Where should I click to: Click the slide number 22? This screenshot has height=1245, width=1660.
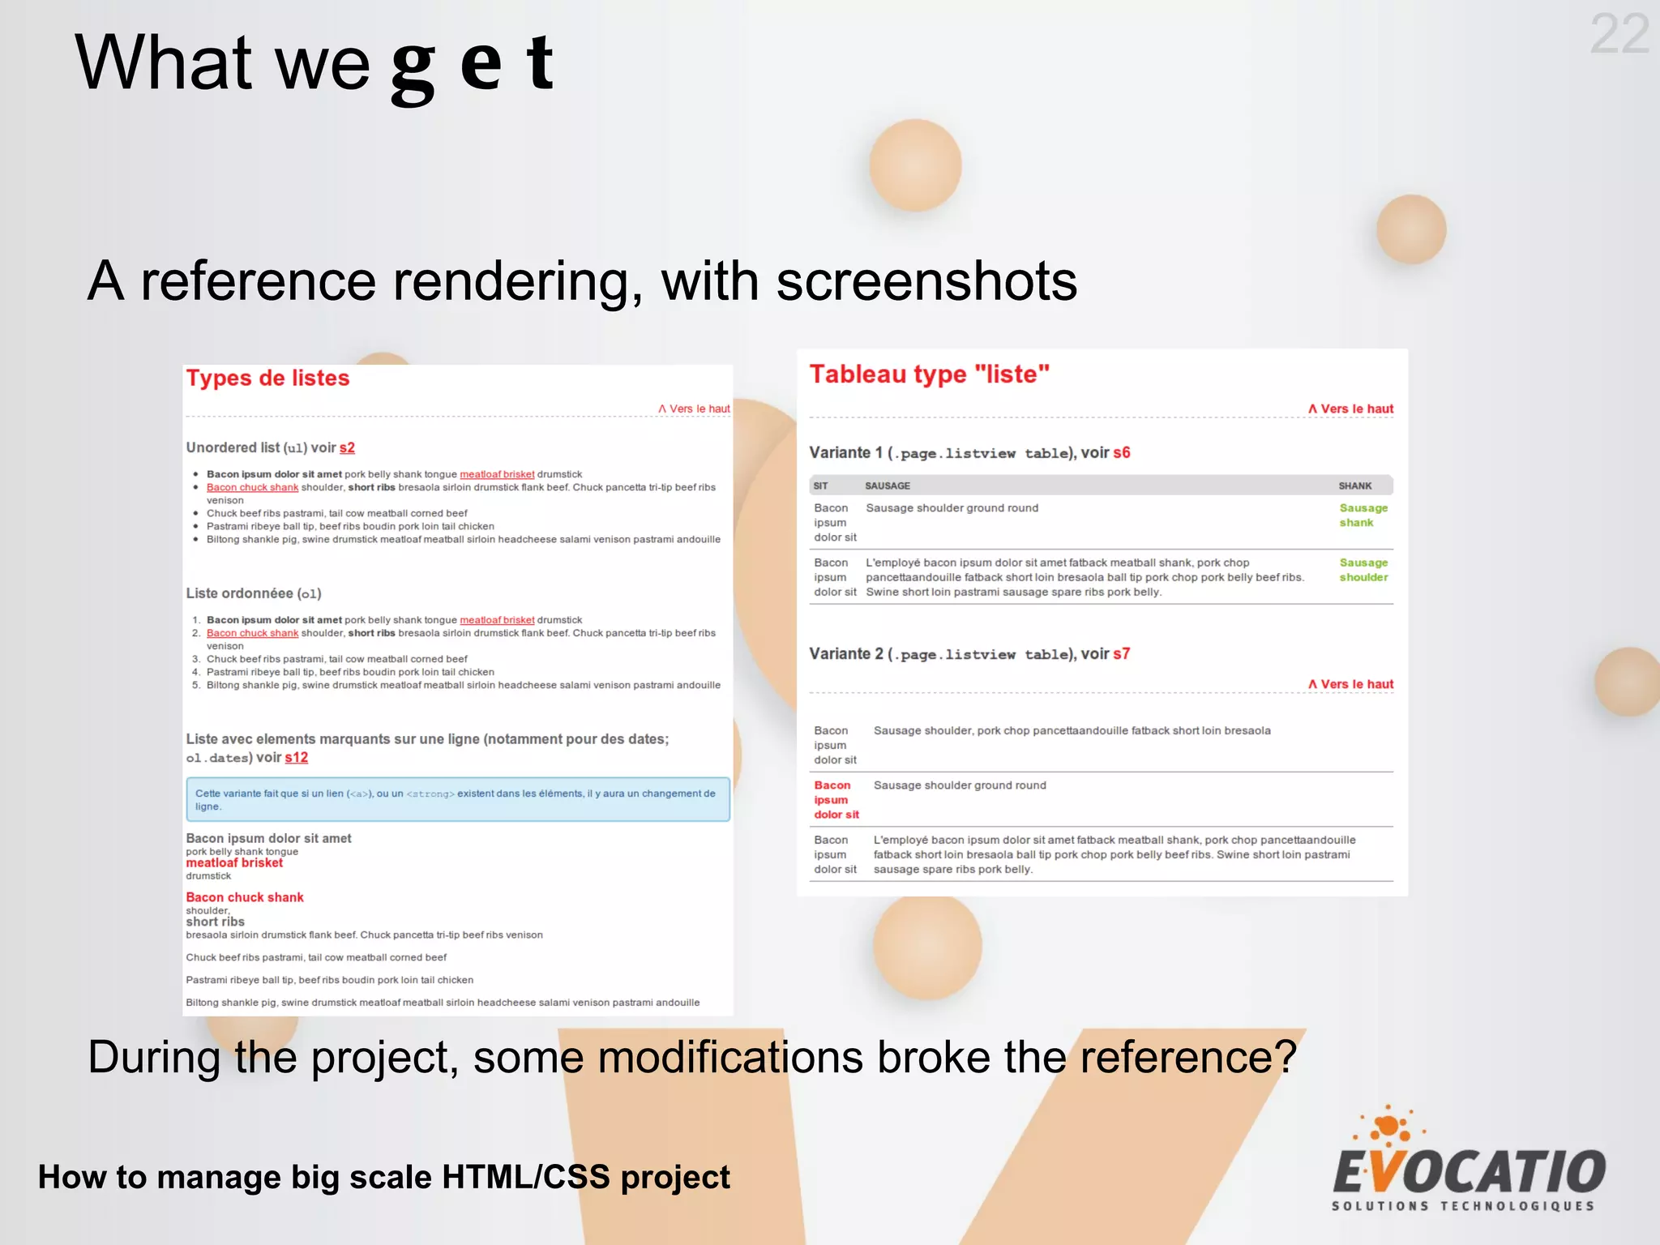1619,35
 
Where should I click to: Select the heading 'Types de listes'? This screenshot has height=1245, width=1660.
267,379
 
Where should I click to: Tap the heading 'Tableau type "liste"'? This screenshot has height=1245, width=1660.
929,374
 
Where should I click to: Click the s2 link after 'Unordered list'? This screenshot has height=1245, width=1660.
347,448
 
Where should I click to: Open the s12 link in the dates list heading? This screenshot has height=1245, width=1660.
296,758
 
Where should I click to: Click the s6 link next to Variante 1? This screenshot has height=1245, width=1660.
1121,453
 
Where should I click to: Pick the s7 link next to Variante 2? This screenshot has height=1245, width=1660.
1121,654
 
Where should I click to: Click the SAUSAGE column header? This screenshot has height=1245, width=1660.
887,486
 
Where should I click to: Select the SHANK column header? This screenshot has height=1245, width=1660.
1354,486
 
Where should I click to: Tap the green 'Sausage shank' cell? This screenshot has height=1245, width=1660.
1363,516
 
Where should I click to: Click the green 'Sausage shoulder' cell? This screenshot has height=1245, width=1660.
1363,570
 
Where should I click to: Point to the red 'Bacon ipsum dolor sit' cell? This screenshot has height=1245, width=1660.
836,800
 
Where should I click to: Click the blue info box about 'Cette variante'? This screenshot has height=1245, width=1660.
457,800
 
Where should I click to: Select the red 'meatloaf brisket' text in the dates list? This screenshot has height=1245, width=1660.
234,863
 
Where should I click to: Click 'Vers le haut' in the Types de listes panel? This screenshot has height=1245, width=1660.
695,409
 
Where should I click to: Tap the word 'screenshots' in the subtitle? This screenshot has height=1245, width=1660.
926,281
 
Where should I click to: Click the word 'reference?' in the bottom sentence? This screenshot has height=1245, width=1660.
1188,1057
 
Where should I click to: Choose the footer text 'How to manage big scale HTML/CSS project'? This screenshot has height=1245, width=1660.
383,1177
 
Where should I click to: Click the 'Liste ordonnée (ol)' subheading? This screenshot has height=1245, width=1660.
254,593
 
